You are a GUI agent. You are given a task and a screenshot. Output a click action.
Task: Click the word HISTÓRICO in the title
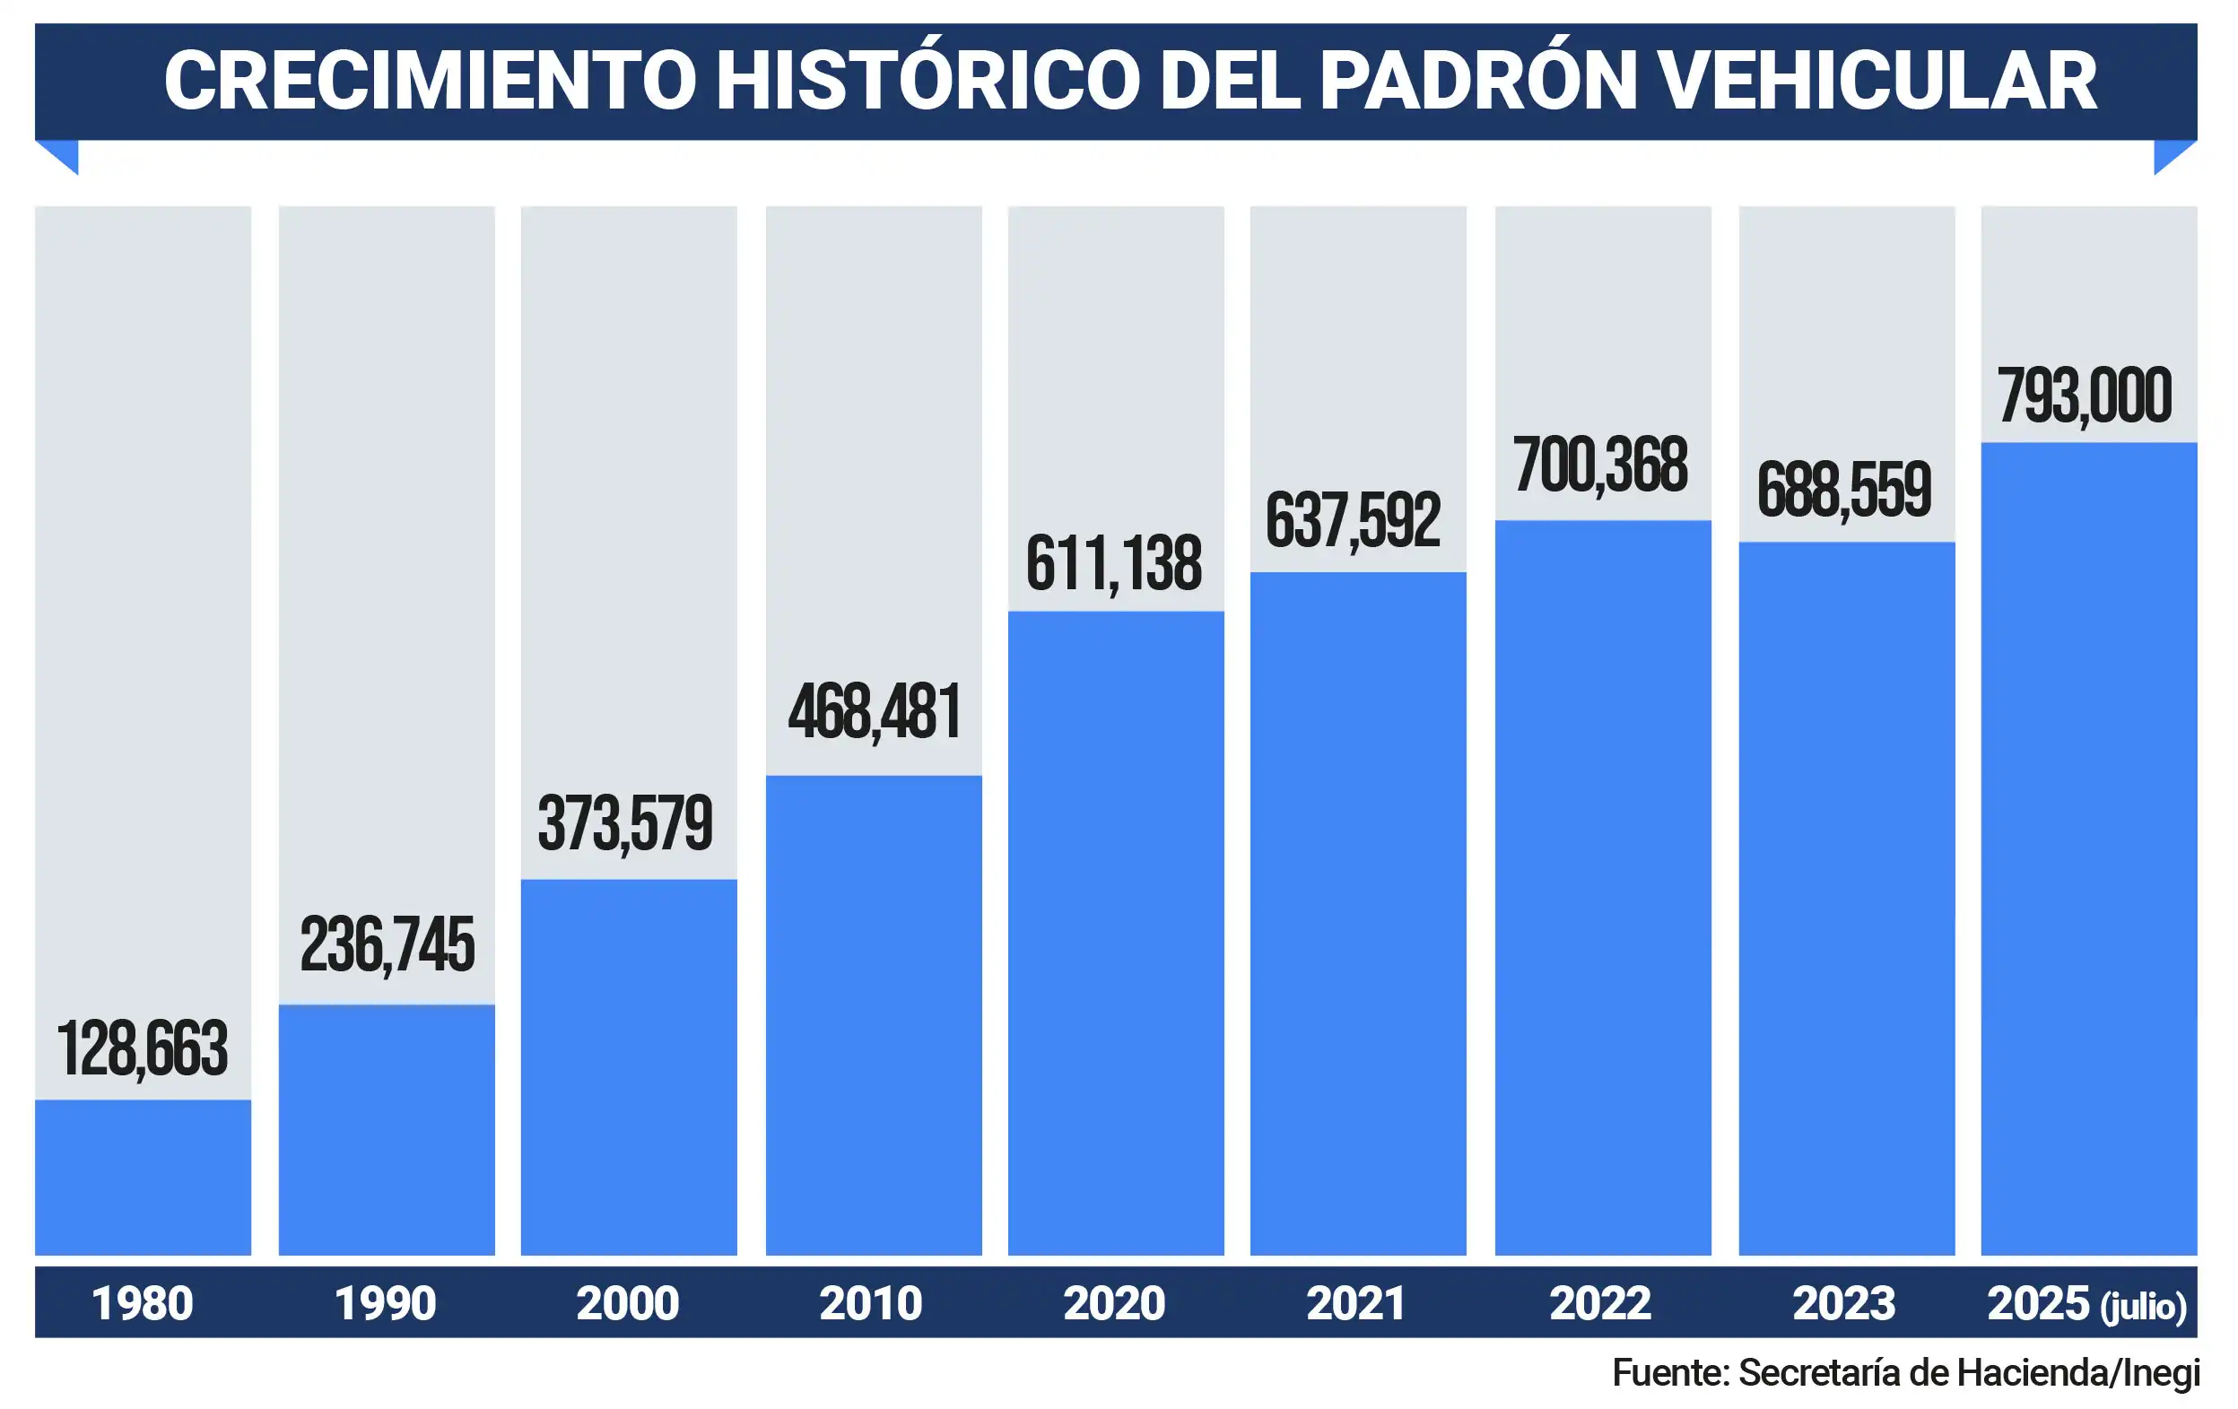click(x=927, y=81)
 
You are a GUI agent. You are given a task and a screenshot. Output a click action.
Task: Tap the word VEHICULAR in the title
click(x=1877, y=81)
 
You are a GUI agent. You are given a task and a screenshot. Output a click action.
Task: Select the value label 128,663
click(x=143, y=1049)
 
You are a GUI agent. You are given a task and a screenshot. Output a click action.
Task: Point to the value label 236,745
click(x=387, y=946)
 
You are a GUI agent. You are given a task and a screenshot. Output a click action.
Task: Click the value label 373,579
click(x=625, y=824)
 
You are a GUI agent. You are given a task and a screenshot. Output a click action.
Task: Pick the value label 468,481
click(x=875, y=713)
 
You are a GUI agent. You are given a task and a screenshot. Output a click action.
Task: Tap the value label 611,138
click(x=1113, y=564)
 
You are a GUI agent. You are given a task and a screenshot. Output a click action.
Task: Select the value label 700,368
click(x=1600, y=465)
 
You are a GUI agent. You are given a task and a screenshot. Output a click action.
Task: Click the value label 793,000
click(x=2085, y=396)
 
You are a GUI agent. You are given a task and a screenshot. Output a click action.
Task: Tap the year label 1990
click(x=385, y=1303)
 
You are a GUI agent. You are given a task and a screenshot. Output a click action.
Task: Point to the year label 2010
click(x=871, y=1303)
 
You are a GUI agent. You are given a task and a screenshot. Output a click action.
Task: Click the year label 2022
click(x=1600, y=1303)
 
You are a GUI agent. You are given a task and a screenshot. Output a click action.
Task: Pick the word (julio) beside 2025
click(x=2143, y=1306)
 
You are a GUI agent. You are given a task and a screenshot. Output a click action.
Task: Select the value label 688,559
click(x=1844, y=490)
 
